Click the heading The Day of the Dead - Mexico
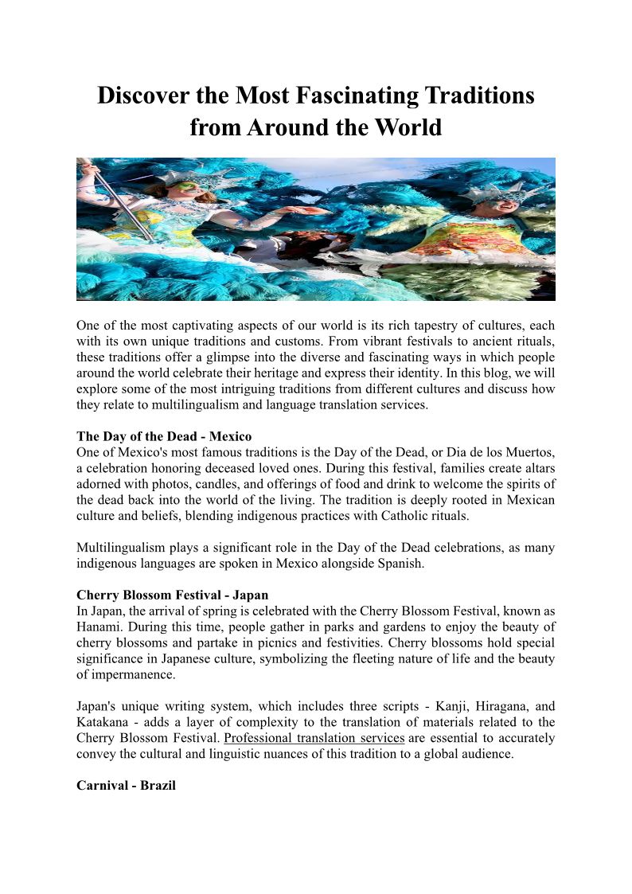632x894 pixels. click(164, 436)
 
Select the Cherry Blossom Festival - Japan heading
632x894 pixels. click(173, 595)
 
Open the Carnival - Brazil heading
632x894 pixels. click(126, 785)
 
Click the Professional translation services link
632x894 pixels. click(314, 737)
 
